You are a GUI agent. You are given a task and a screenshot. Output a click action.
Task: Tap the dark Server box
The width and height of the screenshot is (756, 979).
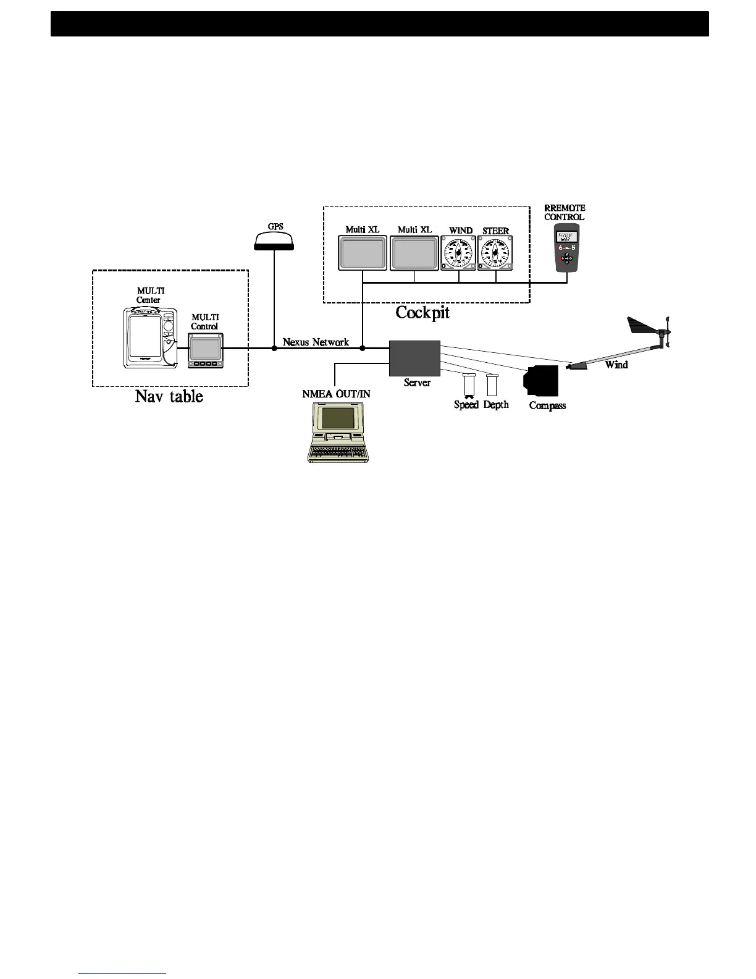414,358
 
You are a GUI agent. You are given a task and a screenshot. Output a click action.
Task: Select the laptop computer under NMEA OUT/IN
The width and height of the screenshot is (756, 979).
338,433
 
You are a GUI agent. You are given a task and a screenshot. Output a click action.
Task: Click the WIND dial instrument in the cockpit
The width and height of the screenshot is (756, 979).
458,253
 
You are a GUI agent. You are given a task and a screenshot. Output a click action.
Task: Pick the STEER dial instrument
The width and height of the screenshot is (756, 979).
495,253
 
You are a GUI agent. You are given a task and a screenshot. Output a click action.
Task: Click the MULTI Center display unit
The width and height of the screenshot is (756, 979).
148,337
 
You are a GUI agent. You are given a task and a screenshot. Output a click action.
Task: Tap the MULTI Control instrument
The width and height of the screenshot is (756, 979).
206,350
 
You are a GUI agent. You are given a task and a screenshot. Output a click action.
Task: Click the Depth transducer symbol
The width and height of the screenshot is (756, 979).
492,385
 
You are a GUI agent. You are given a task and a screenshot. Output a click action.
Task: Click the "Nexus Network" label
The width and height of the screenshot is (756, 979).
316,342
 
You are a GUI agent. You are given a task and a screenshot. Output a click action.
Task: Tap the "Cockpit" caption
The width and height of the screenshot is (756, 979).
422,312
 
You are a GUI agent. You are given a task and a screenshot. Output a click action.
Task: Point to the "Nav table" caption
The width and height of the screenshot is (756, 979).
169,396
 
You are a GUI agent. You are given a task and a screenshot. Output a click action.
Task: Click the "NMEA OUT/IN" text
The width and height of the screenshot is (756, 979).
337,394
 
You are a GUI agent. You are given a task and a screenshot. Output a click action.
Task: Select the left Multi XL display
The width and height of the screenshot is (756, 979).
363,253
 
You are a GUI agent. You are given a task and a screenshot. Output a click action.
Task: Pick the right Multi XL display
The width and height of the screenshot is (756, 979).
414,253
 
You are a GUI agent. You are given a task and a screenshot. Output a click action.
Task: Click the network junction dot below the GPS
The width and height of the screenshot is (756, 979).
274,349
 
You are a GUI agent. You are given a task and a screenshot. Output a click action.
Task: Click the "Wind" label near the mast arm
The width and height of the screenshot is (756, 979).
616,365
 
